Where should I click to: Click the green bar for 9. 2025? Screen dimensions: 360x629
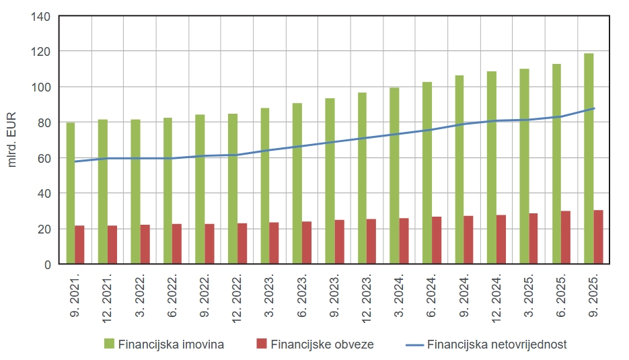[x=589, y=159]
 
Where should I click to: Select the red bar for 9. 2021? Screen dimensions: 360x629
[x=79, y=245]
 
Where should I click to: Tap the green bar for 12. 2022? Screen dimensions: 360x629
[x=232, y=189]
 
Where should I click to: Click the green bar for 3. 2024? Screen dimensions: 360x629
[x=394, y=176]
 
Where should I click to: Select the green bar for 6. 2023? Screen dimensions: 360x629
[x=297, y=184]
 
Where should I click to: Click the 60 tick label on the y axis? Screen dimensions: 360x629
[x=45, y=158]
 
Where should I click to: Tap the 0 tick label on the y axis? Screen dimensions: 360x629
[x=48, y=264]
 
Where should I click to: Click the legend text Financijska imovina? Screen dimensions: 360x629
[x=171, y=345]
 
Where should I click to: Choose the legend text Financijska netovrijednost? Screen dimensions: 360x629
[x=497, y=345]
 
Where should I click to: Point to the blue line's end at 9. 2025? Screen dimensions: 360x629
[x=594, y=108]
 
